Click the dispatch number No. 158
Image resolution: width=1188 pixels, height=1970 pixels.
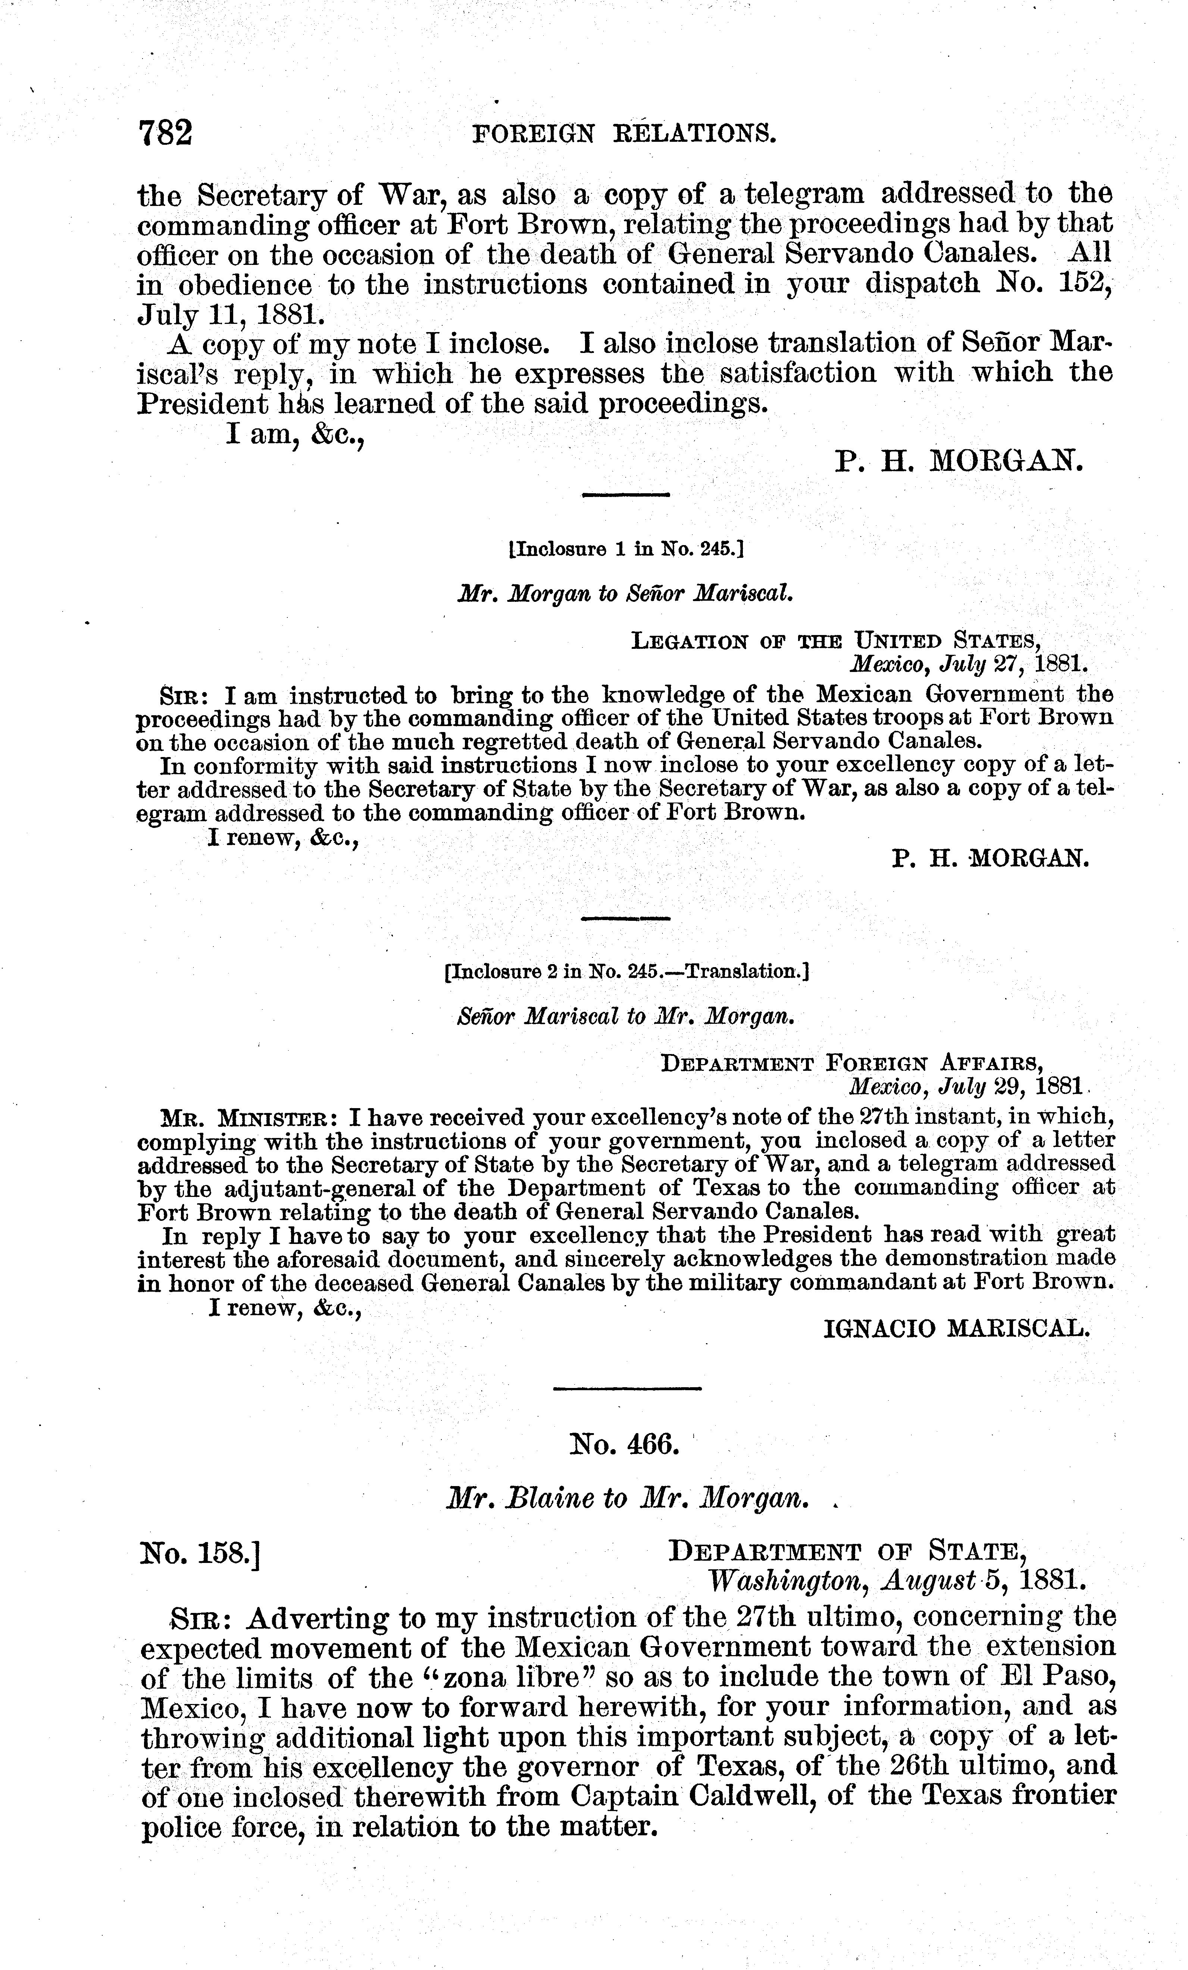click(201, 1552)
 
